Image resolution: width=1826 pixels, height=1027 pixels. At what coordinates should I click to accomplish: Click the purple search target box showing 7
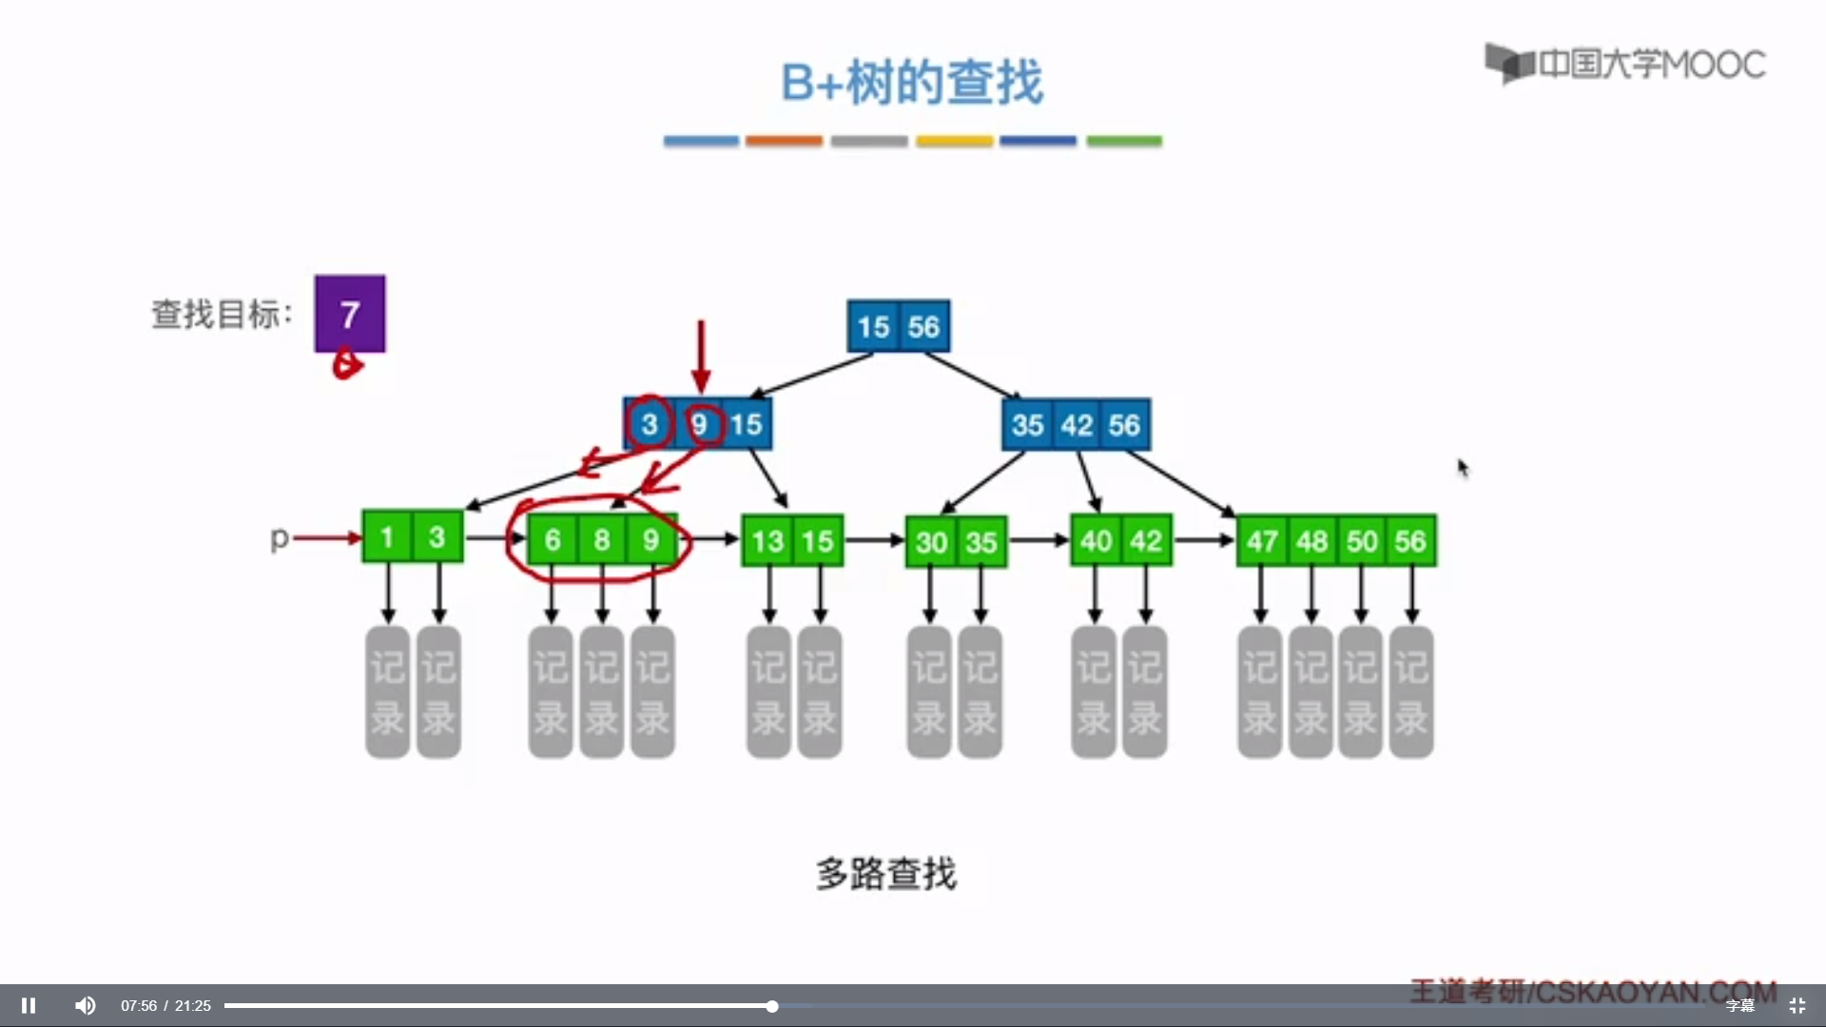click(x=350, y=314)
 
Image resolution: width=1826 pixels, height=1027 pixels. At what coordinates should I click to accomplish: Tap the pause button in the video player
click(x=29, y=1005)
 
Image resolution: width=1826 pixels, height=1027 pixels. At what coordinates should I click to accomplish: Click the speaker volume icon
click(x=85, y=1005)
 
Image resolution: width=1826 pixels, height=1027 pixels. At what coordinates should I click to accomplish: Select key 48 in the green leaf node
click(x=1311, y=541)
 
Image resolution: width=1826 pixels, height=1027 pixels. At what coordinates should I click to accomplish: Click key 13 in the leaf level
click(x=767, y=541)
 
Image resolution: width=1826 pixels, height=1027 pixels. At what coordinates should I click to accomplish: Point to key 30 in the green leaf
click(x=931, y=542)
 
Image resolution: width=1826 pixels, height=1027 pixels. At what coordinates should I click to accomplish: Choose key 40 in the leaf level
click(x=1096, y=541)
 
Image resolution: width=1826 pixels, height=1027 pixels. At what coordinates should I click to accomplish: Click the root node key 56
click(x=923, y=327)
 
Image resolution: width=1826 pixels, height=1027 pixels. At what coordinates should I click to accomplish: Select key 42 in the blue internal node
click(x=1077, y=424)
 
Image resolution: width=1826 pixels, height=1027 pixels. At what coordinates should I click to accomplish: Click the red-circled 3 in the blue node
click(x=650, y=424)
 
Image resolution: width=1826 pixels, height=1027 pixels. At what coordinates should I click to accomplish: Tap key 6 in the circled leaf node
click(x=553, y=540)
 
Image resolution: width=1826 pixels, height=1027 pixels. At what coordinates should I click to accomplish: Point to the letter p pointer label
click(x=279, y=538)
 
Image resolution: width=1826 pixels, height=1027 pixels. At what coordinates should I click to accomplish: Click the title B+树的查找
click(x=912, y=82)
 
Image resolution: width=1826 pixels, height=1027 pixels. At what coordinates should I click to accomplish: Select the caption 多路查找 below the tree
click(x=886, y=873)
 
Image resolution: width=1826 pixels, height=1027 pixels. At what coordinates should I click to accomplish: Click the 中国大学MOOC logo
click(x=1625, y=64)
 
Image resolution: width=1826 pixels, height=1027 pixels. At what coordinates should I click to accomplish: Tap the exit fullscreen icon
click(x=1797, y=1005)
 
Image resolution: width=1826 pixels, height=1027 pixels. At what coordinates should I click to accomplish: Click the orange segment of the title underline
click(x=784, y=141)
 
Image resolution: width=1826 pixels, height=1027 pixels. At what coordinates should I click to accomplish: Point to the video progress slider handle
click(x=772, y=1005)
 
